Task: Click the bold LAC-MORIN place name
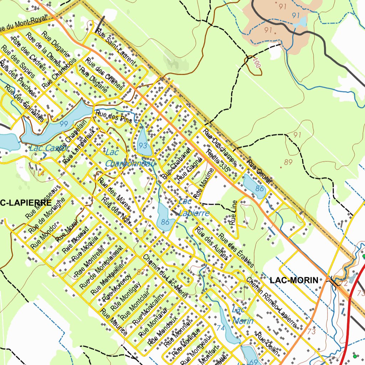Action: click(294, 281)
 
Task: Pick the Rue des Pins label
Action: click(113, 117)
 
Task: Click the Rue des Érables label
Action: click(236, 251)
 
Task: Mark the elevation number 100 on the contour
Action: click(255, 63)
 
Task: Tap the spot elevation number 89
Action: click(288, 163)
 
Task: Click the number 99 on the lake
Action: click(64, 124)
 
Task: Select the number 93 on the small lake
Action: click(143, 145)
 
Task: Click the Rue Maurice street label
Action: click(114, 322)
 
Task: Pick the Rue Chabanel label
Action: click(174, 164)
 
